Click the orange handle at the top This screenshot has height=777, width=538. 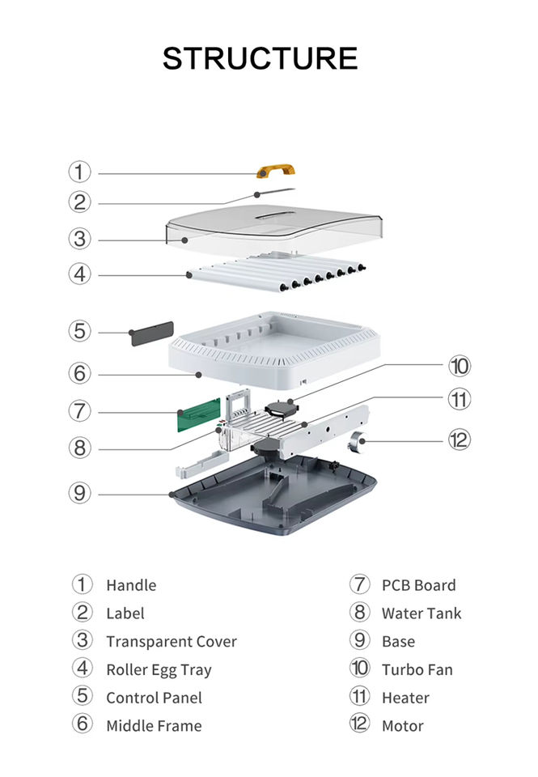click(275, 171)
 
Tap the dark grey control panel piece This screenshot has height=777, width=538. click(152, 333)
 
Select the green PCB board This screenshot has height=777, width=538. click(199, 414)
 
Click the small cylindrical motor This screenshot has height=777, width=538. click(356, 442)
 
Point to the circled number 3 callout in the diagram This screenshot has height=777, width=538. click(80, 239)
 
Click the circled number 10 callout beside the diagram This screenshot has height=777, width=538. click(460, 366)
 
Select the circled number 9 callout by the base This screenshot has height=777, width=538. click(80, 493)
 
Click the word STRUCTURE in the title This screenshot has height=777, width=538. click(260, 58)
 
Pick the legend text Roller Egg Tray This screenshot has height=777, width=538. click(159, 670)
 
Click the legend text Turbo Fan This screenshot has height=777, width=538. click(417, 670)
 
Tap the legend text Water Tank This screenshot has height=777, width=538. click(422, 614)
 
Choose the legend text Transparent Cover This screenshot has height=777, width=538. click(172, 642)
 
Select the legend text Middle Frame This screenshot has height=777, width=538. click(154, 726)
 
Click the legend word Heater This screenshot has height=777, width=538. click(405, 698)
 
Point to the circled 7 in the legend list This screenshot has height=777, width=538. click(360, 584)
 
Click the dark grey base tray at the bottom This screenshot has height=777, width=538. click(273, 495)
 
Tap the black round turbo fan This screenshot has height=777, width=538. click(282, 409)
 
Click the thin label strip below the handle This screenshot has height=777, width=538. click(275, 192)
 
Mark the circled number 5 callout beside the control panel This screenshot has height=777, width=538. click(80, 330)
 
